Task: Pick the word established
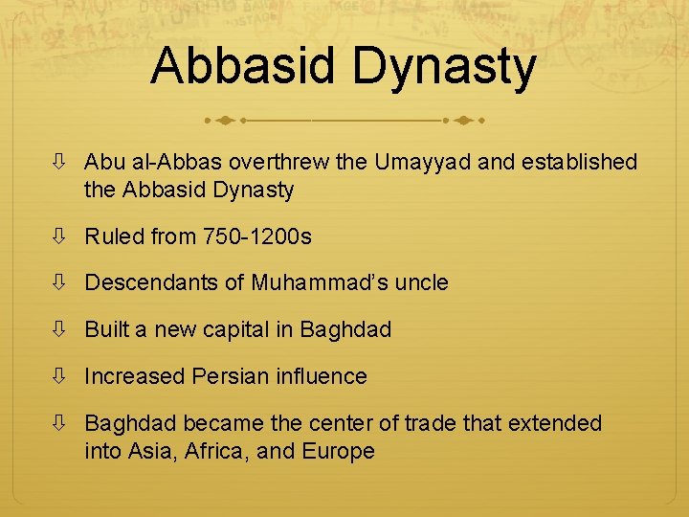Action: click(x=580, y=162)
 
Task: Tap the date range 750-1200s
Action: click(x=257, y=236)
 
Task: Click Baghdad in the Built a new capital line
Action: click(x=345, y=329)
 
